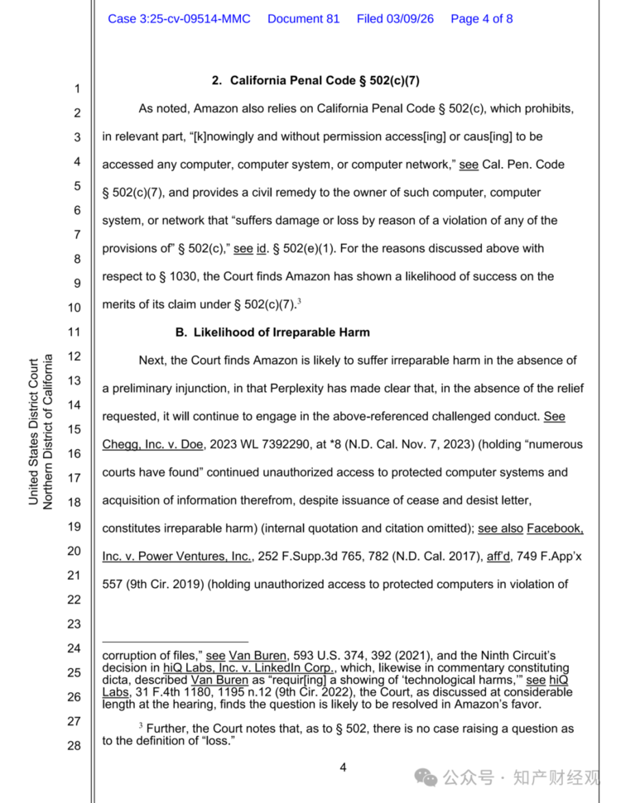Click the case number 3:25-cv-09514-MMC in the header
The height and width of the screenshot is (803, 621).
pos(179,18)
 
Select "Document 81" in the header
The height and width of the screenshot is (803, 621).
pos(303,18)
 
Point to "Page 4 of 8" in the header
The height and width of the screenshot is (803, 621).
pos(481,18)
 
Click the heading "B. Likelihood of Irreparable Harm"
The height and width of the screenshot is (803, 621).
pos(272,332)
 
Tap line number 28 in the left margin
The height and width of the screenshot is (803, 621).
pos(74,746)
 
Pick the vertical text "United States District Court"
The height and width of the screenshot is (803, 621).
pos(33,432)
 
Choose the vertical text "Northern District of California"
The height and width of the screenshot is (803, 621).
pos(48,432)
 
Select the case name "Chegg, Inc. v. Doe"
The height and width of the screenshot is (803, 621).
pos(153,444)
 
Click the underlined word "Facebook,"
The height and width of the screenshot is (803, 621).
pos(555,528)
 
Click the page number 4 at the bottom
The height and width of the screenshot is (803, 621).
pos(343,767)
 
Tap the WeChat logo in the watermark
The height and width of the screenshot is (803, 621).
pos(426,777)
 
